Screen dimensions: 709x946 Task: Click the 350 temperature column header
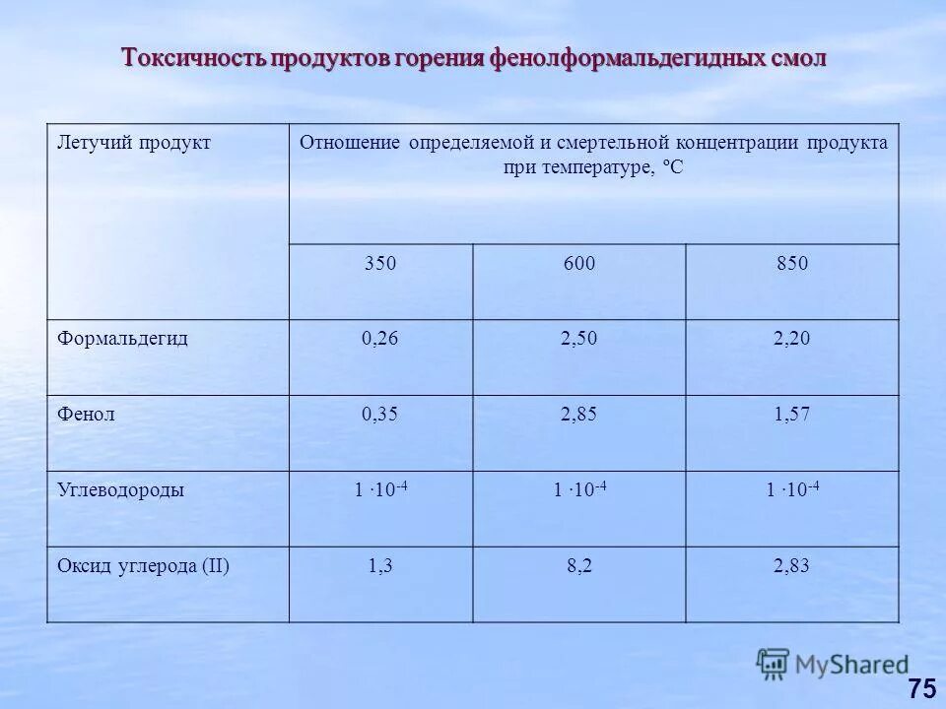click(x=380, y=264)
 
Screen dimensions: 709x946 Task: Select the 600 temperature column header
click(x=578, y=264)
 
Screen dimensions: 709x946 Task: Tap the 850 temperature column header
click(x=791, y=264)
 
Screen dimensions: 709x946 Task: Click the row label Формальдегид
click(x=122, y=338)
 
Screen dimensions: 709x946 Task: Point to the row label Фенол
click(x=86, y=414)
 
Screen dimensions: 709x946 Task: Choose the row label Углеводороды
click(x=120, y=489)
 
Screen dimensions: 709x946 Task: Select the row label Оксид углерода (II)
click(x=143, y=565)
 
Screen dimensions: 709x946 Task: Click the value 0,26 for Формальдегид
click(x=380, y=339)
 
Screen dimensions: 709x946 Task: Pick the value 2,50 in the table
click(x=578, y=339)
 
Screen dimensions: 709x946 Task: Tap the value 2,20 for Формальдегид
click(x=791, y=339)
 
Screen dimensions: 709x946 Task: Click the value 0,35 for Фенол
click(x=380, y=415)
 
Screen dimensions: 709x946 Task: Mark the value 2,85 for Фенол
click(x=578, y=415)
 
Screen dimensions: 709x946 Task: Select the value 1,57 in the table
click(x=791, y=415)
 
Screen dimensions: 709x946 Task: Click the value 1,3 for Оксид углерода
click(x=380, y=565)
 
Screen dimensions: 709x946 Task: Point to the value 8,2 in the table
click(x=578, y=565)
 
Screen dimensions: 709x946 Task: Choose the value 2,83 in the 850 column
click(x=791, y=565)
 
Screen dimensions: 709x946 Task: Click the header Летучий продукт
click(x=134, y=143)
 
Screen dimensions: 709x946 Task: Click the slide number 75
click(x=921, y=688)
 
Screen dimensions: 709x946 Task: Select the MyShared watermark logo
click(x=833, y=665)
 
